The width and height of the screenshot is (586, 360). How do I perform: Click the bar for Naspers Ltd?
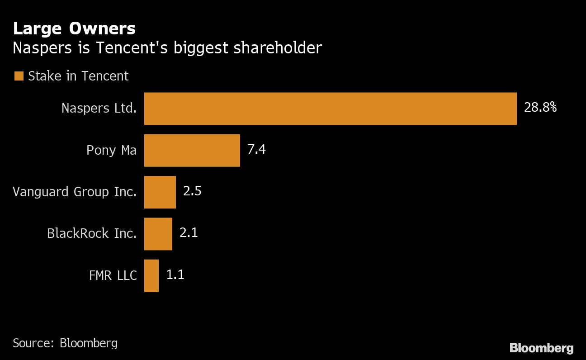[330, 109]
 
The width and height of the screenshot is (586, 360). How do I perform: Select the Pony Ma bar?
[192, 150]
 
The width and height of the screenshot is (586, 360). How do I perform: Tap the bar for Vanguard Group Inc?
[160, 192]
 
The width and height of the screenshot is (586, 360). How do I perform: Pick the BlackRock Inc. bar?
[158, 233]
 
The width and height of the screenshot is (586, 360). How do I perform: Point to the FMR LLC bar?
[151, 275]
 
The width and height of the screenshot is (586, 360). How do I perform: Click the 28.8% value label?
[540, 108]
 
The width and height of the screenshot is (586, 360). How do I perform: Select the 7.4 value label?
[256, 149]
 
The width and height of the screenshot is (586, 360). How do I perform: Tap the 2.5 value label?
[192, 191]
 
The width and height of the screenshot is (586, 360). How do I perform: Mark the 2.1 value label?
[189, 233]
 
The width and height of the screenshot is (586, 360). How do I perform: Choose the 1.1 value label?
[175, 275]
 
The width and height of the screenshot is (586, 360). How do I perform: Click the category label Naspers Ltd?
[99, 109]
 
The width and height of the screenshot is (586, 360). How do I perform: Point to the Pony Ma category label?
[111, 150]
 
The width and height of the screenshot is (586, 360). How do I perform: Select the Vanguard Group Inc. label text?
[75, 192]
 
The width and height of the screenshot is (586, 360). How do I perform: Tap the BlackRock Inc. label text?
[92, 233]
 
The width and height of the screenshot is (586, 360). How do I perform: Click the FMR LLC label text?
[113, 275]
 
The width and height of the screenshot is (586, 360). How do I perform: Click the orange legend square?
[19, 76]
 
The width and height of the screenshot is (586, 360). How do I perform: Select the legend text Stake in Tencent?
[78, 76]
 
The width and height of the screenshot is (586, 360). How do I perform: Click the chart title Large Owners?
[74, 28]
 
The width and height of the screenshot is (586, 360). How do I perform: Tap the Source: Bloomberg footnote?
[65, 343]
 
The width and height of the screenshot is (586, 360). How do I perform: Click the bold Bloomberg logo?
[541, 348]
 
